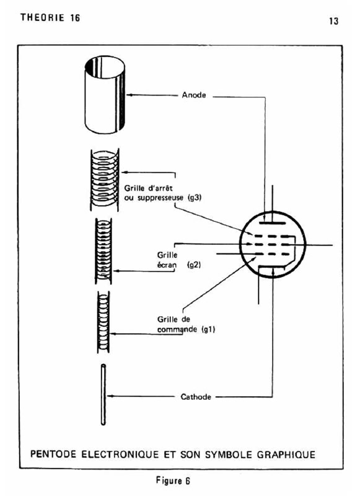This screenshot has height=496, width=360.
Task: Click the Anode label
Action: [194, 95]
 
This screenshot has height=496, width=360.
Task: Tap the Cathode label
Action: [196, 397]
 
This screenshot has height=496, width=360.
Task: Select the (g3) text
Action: [195, 198]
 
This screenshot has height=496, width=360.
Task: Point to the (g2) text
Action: [194, 265]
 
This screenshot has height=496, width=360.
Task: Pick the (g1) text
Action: [208, 329]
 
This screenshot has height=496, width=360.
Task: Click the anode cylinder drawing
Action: [105, 95]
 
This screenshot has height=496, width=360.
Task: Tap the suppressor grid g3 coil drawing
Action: [105, 179]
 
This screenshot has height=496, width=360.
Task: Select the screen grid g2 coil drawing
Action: [103, 251]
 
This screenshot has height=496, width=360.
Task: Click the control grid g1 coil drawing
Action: [103, 322]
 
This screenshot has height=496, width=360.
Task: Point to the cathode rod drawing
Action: [103, 395]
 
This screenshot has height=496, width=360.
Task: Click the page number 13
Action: [333, 21]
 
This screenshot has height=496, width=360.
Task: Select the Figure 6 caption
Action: [173, 481]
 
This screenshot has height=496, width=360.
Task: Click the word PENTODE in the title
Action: [53, 454]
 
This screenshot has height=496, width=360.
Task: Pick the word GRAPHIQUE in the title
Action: [286, 454]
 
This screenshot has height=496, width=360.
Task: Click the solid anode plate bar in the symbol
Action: [273, 223]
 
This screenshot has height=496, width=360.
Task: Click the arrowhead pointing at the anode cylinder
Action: [129, 95]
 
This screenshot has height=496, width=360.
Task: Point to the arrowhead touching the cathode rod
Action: [110, 396]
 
